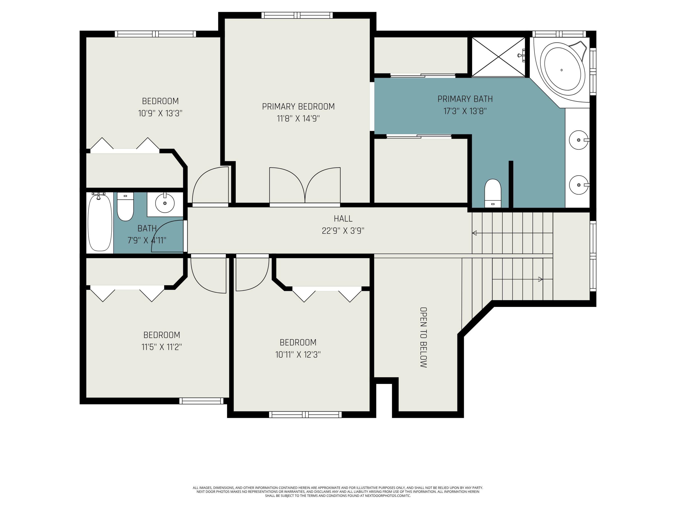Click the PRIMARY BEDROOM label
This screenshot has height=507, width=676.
coord(298,106)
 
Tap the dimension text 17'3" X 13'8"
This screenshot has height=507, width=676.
coord(465,111)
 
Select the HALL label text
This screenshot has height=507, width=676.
coord(343,219)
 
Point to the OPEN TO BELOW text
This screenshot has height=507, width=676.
coord(423,337)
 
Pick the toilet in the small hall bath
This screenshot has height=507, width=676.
coord(125,206)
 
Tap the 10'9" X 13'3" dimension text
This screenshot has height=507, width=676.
coord(160,113)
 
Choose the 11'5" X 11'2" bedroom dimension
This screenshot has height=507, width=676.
coord(162,347)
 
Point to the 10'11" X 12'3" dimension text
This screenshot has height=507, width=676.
coord(298,354)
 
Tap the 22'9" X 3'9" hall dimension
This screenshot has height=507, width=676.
coord(343,231)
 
